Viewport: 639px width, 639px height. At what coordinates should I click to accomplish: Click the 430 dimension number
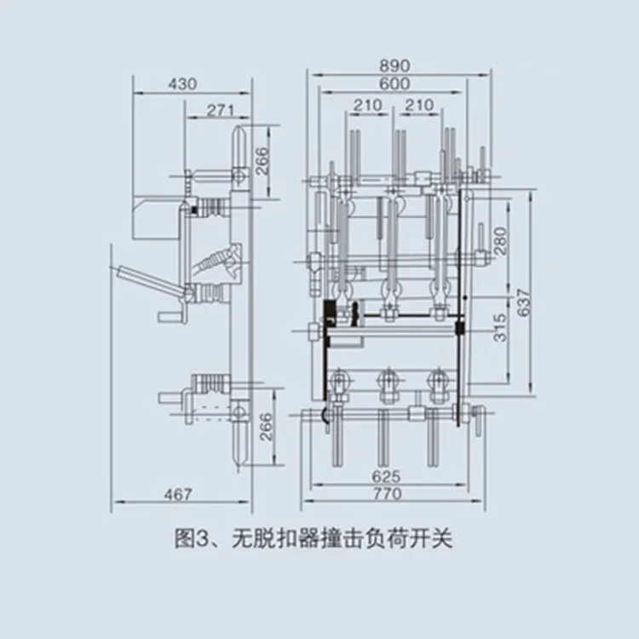pos(182,83)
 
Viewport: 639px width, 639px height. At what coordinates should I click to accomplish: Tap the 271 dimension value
pos(220,110)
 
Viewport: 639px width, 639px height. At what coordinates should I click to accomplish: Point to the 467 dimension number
pos(177,494)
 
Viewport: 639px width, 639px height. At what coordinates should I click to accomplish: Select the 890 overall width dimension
pos(394,66)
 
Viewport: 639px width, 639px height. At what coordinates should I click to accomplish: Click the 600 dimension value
pos(394,83)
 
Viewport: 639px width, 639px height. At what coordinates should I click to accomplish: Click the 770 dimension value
pos(386,493)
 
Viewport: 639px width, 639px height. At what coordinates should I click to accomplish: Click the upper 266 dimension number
pos(262,158)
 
